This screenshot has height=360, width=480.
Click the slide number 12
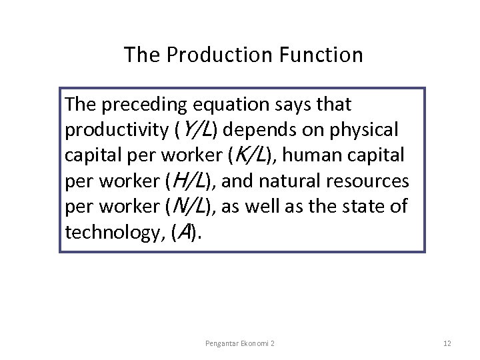coord(447,343)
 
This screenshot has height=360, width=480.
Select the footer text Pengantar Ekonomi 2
coord(241,343)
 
